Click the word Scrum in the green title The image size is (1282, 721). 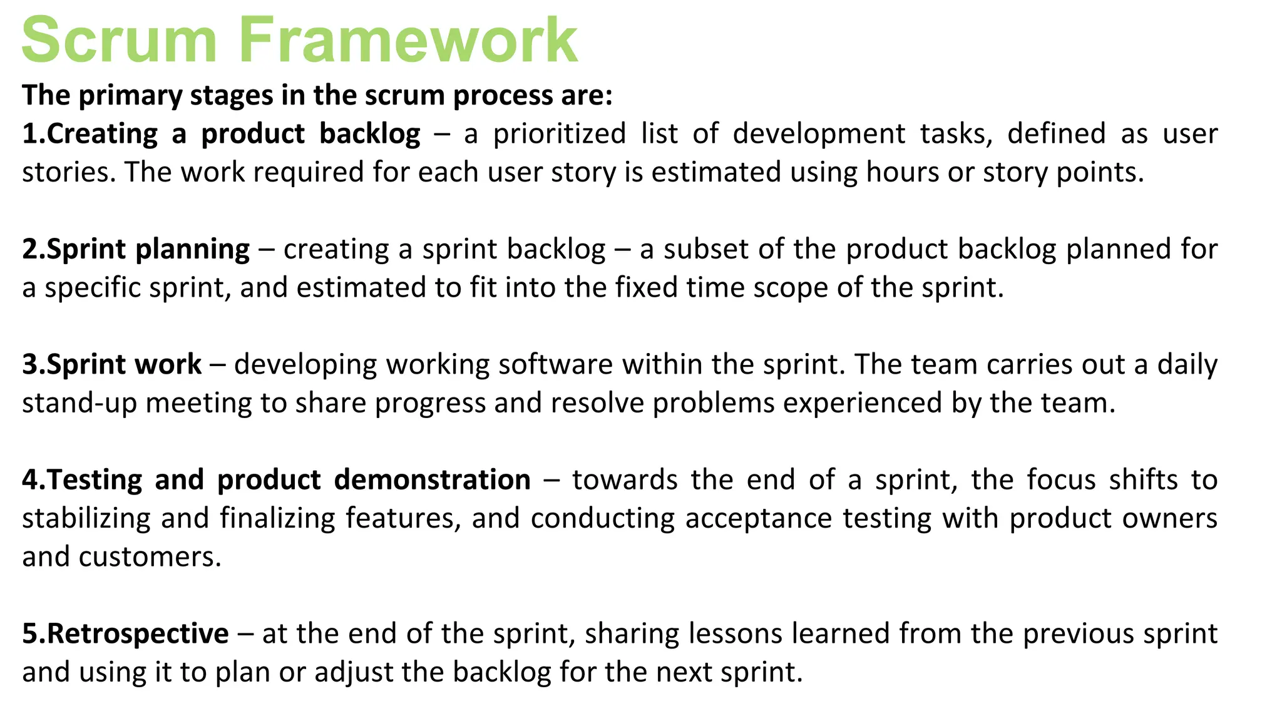tap(119, 40)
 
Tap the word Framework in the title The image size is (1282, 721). tap(408, 40)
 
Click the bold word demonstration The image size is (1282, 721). tap(432, 480)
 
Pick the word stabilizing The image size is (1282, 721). tap(86, 519)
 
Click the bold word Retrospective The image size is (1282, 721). tap(138, 634)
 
